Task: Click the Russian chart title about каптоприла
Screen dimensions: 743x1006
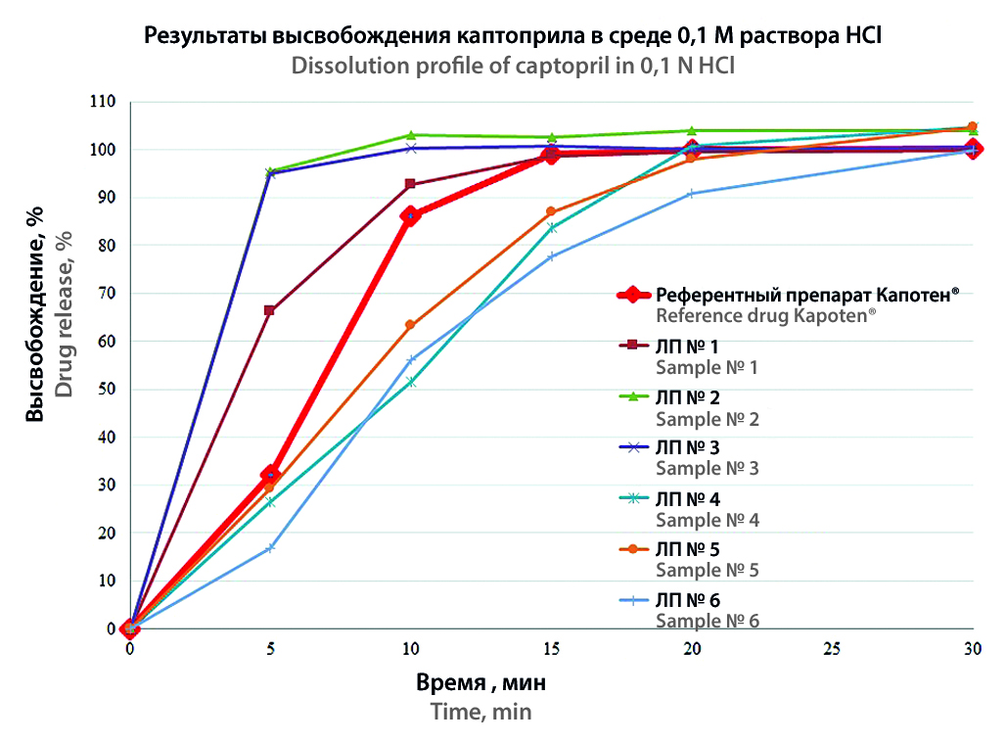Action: tap(513, 37)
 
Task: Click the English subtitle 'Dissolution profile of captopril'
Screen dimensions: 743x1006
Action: tap(513, 67)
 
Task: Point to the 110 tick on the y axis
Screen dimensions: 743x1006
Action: tap(102, 102)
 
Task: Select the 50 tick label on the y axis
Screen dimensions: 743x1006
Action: tap(106, 390)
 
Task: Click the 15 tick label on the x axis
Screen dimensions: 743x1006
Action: tap(552, 650)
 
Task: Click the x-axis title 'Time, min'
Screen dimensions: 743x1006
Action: tap(481, 712)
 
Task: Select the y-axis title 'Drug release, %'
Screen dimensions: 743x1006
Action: tap(65, 313)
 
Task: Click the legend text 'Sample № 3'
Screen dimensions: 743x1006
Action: tap(707, 468)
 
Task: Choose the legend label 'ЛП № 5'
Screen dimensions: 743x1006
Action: tap(688, 549)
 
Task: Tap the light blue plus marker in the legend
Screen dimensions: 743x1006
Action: tap(632, 600)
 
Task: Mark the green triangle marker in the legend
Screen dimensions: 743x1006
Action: tap(632, 396)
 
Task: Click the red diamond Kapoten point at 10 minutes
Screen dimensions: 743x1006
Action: tap(411, 216)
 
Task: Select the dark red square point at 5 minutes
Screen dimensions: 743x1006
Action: tap(270, 310)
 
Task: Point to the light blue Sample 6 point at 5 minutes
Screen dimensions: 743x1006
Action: tap(270, 548)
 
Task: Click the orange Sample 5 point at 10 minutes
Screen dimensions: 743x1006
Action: tap(411, 325)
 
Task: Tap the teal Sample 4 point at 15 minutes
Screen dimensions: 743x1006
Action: tap(552, 227)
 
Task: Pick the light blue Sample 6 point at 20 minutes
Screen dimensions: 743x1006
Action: tap(692, 194)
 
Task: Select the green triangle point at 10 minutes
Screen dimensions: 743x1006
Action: tap(411, 135)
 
